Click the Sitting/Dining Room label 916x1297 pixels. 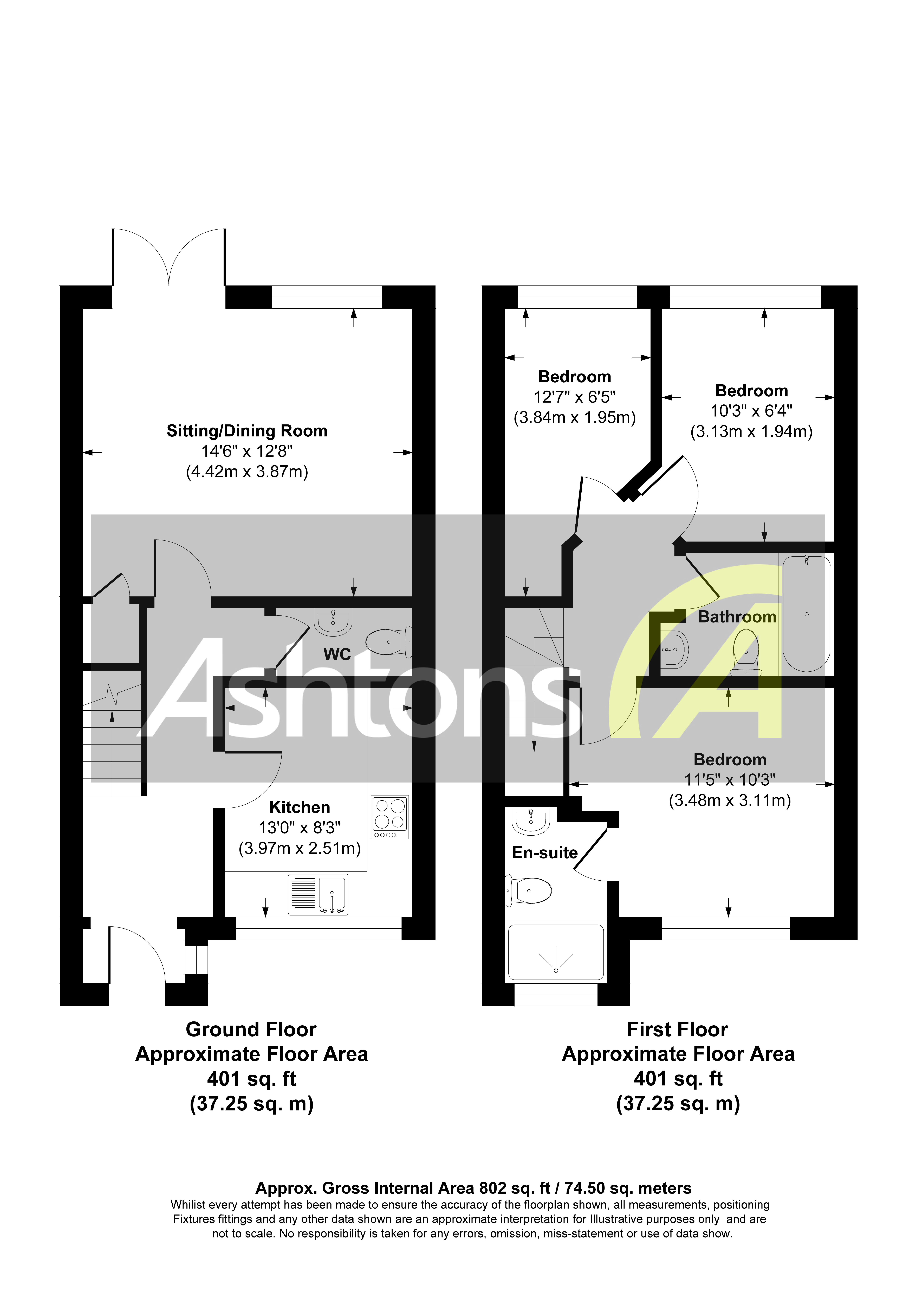pos(247,431)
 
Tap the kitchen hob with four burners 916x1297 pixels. pos(390,817)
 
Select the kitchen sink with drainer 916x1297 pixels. pos(318,894)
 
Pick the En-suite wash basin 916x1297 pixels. pos(531,821)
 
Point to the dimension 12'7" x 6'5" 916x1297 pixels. pos(574,397)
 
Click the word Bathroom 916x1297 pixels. pos(737,617)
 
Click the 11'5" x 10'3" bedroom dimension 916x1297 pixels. pos(730,780)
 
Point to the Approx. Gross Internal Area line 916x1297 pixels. pos(473,1188)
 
